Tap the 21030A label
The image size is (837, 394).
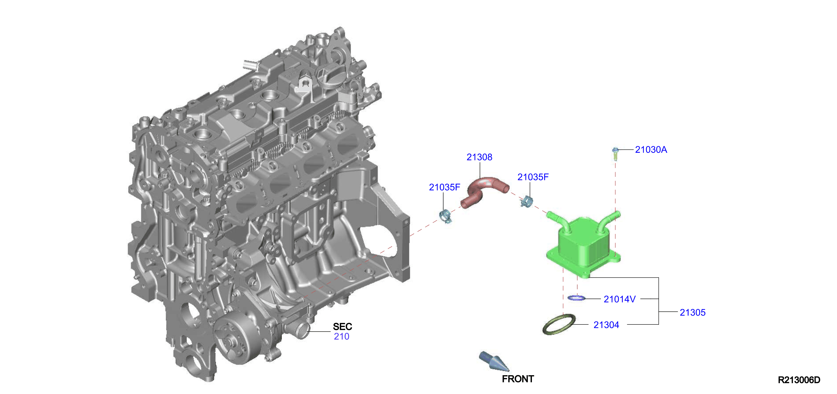point(651,149)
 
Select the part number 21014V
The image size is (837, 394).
point(619,299)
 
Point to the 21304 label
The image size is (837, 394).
point(606,325)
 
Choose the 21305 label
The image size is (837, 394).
point(692,312)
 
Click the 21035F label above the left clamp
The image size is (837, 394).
point(444,187)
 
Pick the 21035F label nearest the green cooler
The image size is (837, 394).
point(533,177)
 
